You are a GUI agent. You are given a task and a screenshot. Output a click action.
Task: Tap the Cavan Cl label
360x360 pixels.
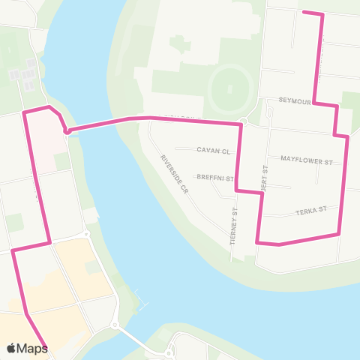click(x=212, y=150)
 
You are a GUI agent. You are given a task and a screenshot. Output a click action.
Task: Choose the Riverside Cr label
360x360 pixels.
click(x=175, y=175)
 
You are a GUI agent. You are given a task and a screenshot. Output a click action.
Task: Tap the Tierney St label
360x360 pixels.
click(x=233, y=223)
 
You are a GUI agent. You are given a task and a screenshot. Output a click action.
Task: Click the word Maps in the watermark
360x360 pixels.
click(x=33, y=348)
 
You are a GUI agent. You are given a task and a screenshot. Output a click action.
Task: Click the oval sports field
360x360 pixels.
click(x=230, y=94)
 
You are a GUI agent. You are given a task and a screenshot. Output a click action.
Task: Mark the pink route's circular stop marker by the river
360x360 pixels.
click(x=67, y=132)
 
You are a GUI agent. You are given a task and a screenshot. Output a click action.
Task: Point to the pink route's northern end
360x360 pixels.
click(x=304, y=11)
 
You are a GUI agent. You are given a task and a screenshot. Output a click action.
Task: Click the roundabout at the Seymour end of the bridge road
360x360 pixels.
click(x=243, y=121)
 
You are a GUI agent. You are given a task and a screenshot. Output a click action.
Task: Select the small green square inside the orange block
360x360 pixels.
click(x=93, y=267)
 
